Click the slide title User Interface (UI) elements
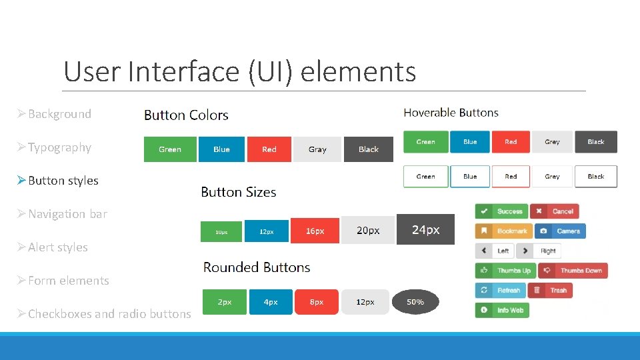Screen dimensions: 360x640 pyautogui.click(x=239, y=71)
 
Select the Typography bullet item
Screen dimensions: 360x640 pyautogui.click(x=59, y=147)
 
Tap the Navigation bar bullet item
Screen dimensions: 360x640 pyautogui.click(x=67, y=214)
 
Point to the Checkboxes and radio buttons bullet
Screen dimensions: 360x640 pyautogui.click(x=109, y=314)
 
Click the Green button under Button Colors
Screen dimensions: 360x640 pyautogui.click(x=170, y=149)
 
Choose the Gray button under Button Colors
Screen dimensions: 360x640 pyautogui.click(x=317, y=149)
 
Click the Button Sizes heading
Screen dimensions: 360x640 pyautogui.click(x=238, y=192)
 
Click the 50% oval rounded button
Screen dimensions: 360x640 pyautogui.click(x=415, y=302)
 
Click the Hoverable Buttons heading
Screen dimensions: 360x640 pyautogui.click(x=451, y=113)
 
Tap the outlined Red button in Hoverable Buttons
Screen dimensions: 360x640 pyautogui.click(x=511, y=177)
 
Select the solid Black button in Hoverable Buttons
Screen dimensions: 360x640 pyautogui.click(x=595, y=142)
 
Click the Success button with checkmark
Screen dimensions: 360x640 pyautogui.click(x=501, y=211)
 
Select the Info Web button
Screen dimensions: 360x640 pyautogui.click(x=502, y=311)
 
